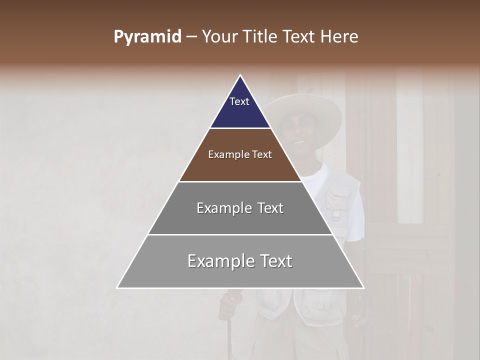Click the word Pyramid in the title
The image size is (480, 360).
pos(147,37)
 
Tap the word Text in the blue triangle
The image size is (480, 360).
pos(239,101)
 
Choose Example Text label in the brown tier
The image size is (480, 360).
pos(240,154)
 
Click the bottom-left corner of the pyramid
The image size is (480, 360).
pos(118,287)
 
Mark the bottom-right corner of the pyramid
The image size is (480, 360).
pos(363,287)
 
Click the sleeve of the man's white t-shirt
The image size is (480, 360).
pos(356,220)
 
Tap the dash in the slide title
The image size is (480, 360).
pos(191,37)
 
